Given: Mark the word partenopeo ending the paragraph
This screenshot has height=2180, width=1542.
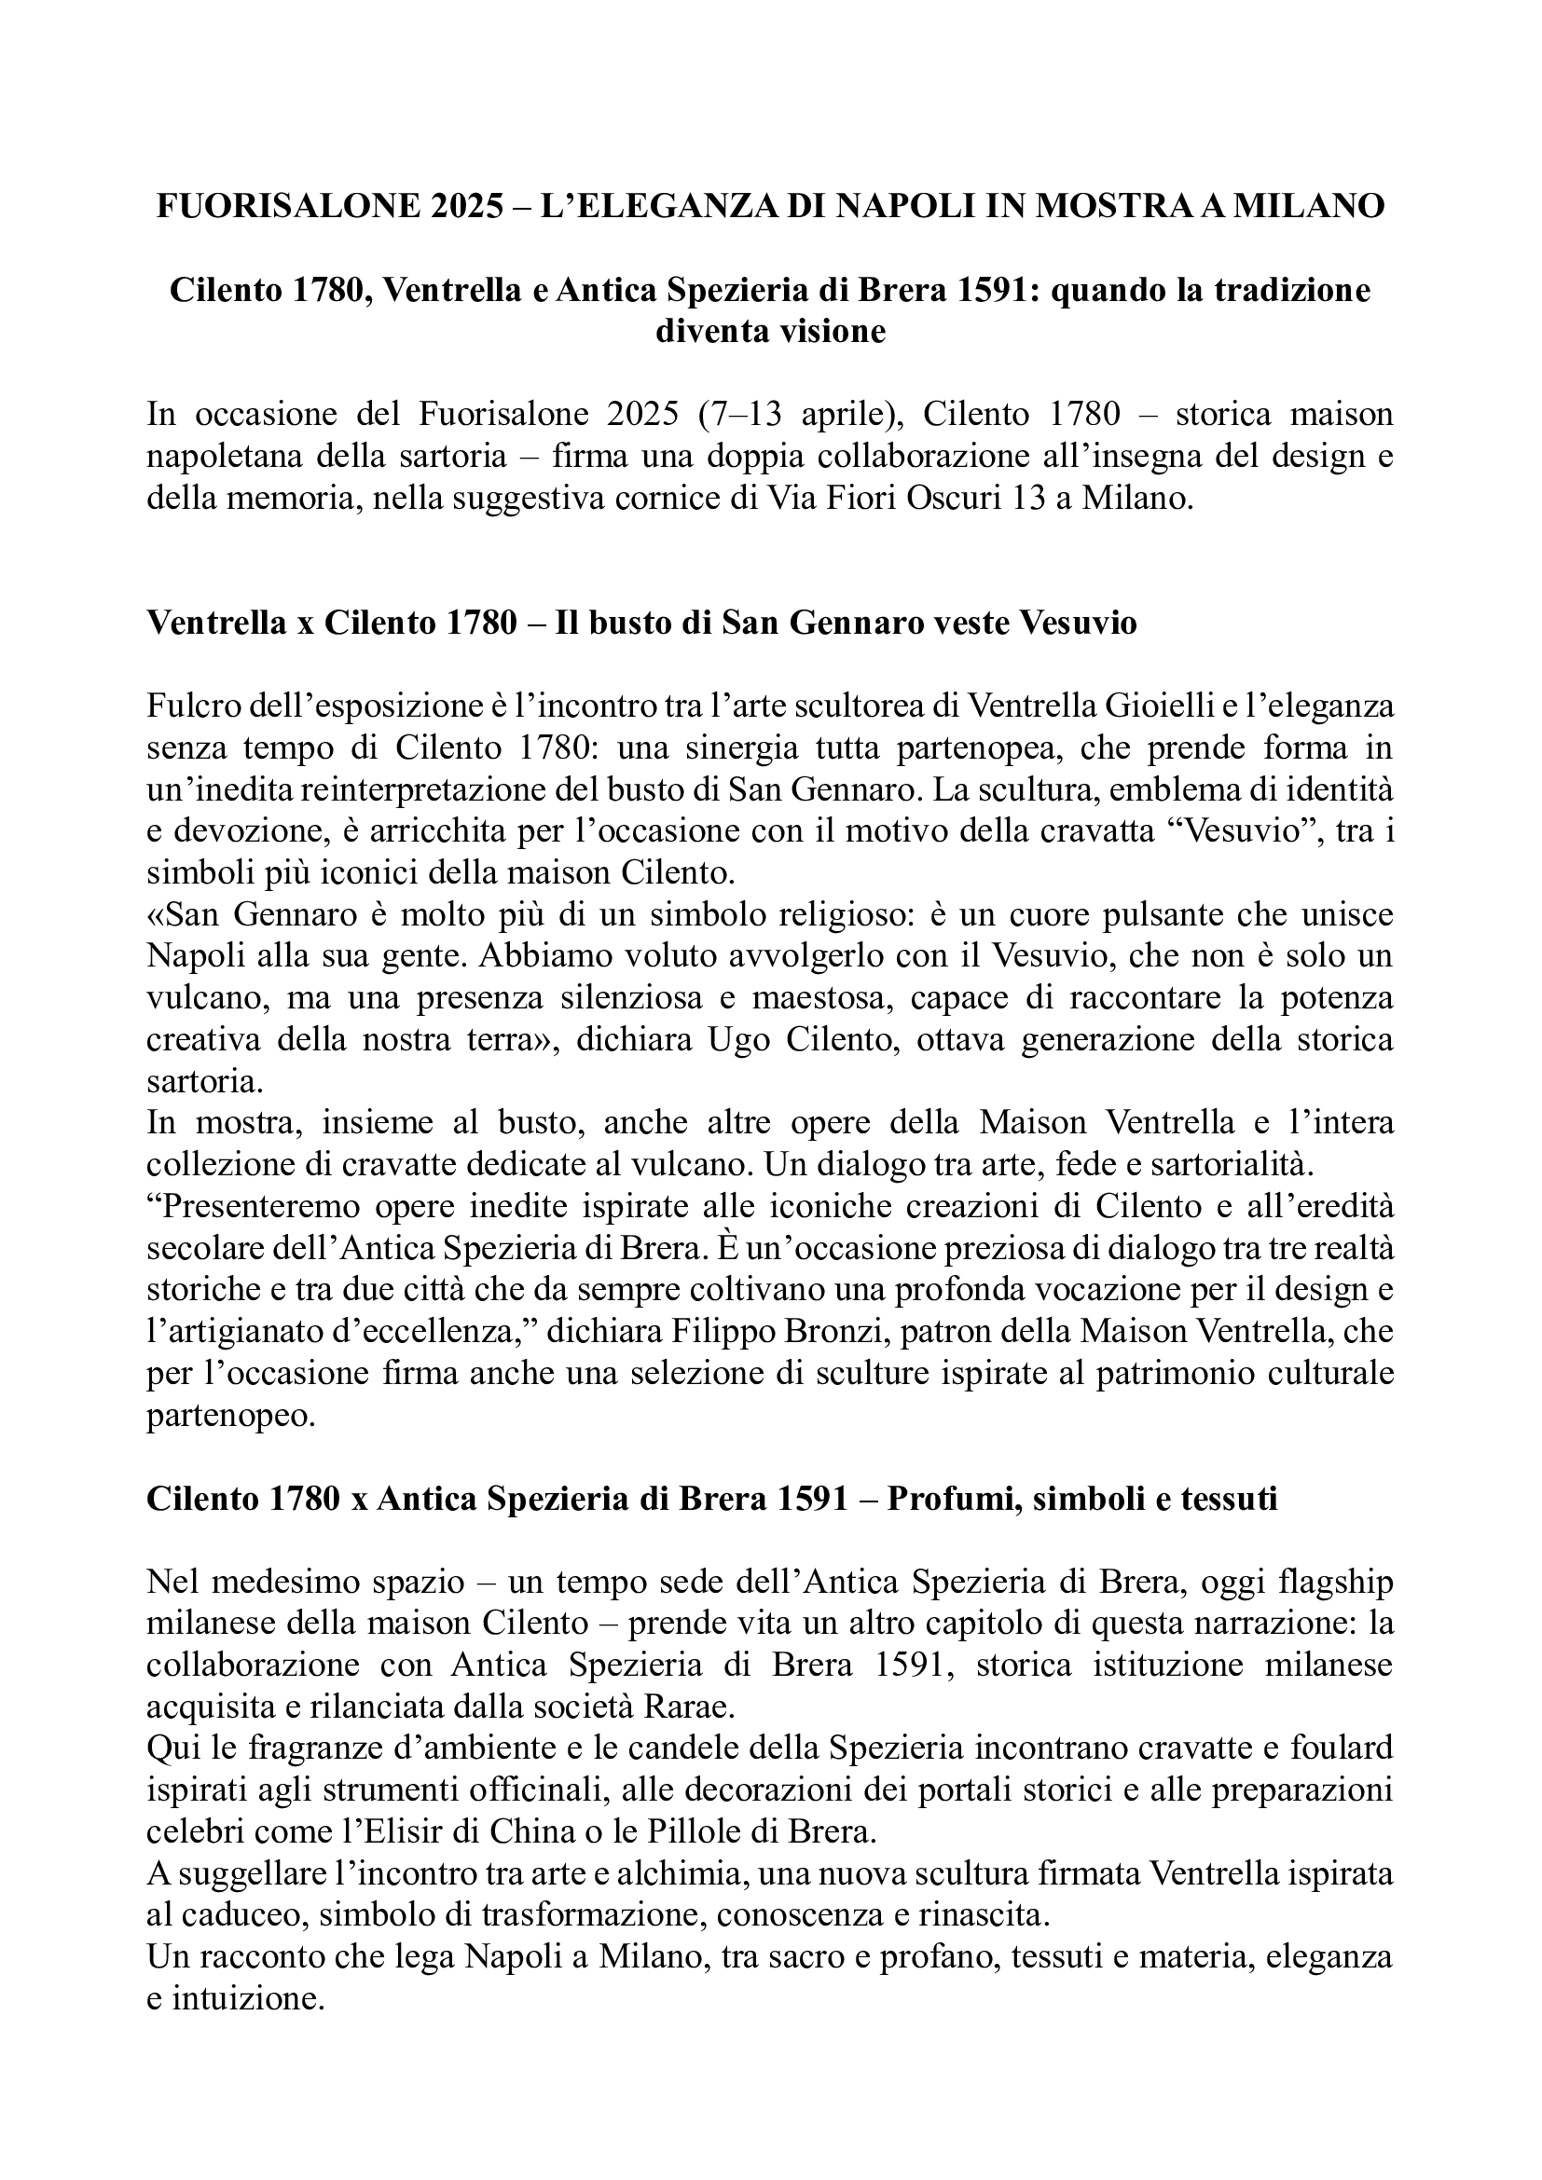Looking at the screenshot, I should [228, 1415].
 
